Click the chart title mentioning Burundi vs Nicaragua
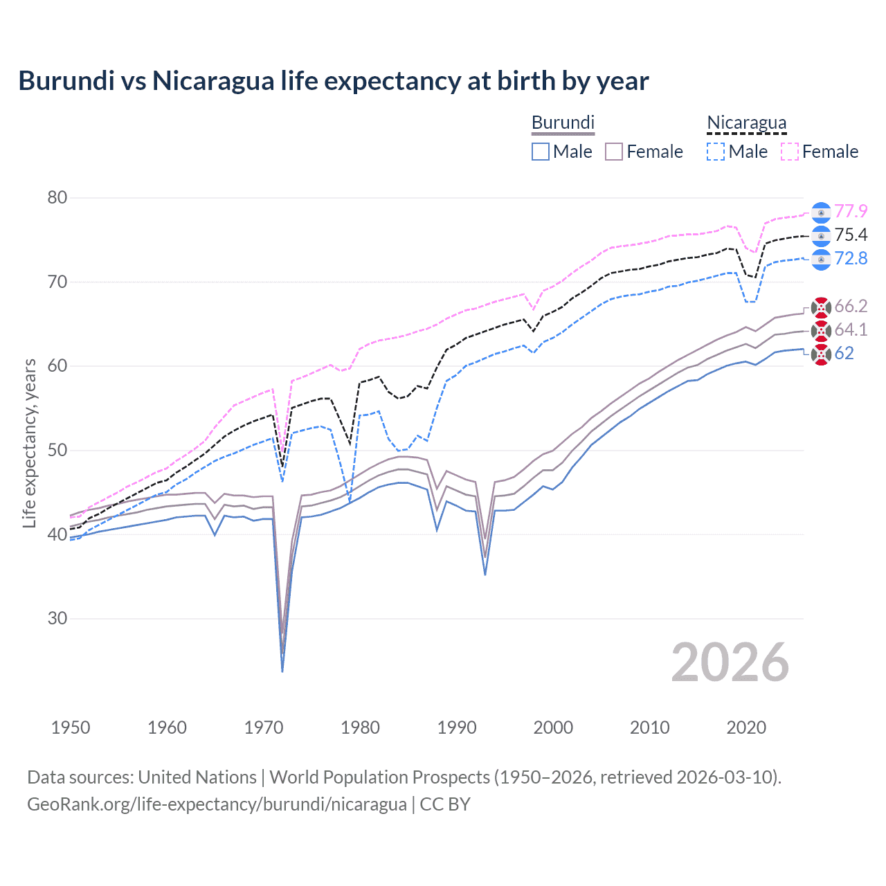333,81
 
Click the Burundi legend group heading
563,123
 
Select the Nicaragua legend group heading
746,123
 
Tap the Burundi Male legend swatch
541,152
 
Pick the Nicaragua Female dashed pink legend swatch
790,152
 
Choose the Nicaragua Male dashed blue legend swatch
716,152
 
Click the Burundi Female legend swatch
614,152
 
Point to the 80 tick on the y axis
57,198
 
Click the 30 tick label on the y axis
57,618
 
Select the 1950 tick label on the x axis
71,727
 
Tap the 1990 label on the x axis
457,727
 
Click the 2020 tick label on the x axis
746,727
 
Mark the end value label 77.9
851,211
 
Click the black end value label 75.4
851,235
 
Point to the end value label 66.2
851,306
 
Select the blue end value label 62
844,353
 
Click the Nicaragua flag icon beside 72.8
821,259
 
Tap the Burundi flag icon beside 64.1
821,330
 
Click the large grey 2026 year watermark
730,662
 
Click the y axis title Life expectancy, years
29,443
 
